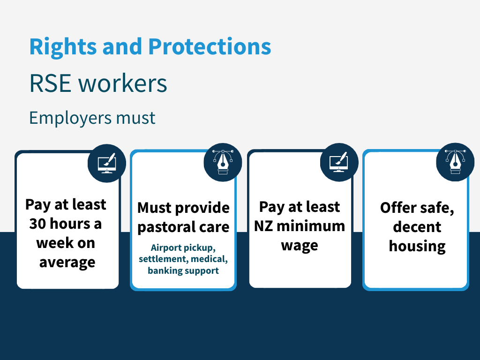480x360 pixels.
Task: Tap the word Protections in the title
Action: [x=210, y=47]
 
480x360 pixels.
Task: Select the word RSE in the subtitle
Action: [x=50, y=83]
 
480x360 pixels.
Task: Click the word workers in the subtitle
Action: [x=123, y=83]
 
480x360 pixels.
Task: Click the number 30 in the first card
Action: [x=39, y=224]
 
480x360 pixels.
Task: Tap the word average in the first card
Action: [x=67, y=262]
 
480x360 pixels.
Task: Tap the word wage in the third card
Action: [x=300, y=245]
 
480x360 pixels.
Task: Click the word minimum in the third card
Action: [x=310, y=226]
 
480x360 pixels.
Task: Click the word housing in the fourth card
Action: [x=417, y=246]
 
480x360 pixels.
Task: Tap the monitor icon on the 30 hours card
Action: [x=106, y=163]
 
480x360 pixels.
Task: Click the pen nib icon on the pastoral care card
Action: [x=223, y=162]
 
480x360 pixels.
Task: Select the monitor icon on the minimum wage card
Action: [x=338, y=162]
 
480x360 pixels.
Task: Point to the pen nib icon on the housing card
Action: [x=455, y=162]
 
